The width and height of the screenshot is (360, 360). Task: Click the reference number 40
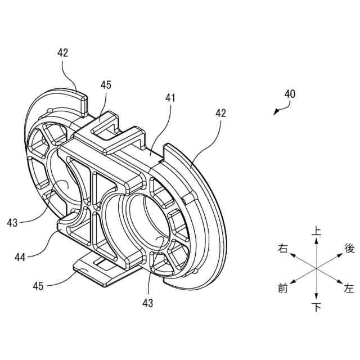click(x=290, y=94)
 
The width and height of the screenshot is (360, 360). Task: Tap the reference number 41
click(x=170, y=98)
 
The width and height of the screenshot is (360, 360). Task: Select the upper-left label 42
click(x=63, y=53)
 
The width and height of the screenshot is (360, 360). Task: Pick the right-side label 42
click(x=220, y=113)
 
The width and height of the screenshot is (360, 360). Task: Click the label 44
click(x=20, y=257)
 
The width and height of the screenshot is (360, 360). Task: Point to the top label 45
click(x=106, y=85)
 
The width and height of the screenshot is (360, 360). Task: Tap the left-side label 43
click(x=12, y=223)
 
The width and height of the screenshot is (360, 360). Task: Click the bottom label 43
click(x=148, y=303)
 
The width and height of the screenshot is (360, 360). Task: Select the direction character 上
click(x=317, y=231)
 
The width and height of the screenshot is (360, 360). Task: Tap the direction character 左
click(x=349, y=289)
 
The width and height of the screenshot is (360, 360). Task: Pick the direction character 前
click(x=283, y=289)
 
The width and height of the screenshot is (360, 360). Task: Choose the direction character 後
click(x=349, y=248)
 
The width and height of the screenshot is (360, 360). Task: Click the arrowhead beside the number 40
click(x=275, y=112)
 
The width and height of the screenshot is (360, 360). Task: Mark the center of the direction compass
click(x=317, y=269)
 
